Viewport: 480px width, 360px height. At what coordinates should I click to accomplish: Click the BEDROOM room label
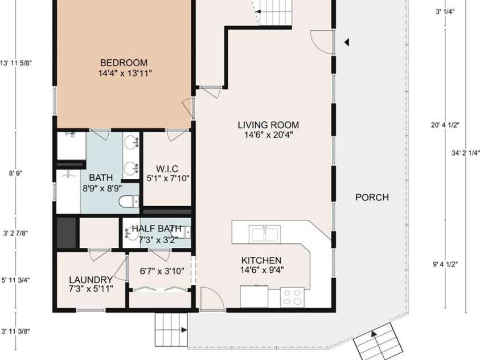[124, 63]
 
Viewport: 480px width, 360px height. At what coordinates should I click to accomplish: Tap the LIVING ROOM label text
[268, 125]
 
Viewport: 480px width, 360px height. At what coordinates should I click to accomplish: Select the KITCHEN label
[261, 260]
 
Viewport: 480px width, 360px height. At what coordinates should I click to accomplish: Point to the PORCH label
[372, 198]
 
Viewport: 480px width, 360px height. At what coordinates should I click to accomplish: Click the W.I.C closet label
[167, 169]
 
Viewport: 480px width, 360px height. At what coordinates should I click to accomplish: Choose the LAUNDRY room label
[91, 280]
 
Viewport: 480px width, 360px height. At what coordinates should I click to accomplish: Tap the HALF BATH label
[157, 228]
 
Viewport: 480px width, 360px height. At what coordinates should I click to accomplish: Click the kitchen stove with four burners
[292, 297]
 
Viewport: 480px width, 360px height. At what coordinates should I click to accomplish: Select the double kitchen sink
[265, 234]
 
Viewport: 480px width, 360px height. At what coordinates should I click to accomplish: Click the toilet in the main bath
[129, 202]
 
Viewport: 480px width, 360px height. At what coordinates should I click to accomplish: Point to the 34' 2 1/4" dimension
[466, 153]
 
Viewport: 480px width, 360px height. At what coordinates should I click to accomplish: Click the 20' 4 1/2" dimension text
[445, 125]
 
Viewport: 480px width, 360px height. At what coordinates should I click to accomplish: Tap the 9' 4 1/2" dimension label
[445, 264]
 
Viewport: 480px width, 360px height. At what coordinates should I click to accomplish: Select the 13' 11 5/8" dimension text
[15, 63]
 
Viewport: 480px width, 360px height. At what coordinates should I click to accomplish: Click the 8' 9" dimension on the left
[15, 174]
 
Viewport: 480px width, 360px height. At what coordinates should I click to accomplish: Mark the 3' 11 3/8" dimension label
[15, 331]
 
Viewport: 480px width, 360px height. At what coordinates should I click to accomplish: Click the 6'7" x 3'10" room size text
[162, 271]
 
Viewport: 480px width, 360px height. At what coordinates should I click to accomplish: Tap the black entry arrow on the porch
[347, 42]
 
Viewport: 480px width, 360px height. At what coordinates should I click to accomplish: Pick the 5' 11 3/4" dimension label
[15, 280]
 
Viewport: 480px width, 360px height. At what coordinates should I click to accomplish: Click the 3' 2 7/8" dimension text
[15, 234]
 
